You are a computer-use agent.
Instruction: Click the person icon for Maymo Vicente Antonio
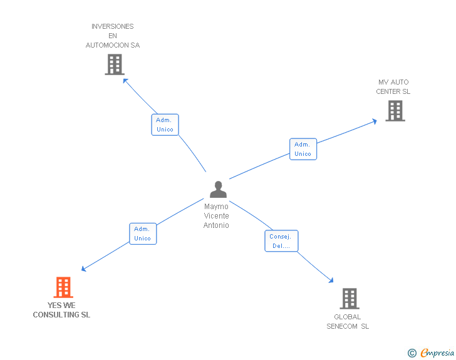pos(218,189)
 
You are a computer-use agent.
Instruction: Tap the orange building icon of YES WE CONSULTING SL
pos(63,287)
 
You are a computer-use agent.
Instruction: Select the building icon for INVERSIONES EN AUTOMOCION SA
pos(114,64)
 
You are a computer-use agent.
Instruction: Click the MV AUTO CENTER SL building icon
pos(395,111)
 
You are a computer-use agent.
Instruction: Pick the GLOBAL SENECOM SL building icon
pos(350,299)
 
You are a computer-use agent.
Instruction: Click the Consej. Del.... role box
pos(281,241)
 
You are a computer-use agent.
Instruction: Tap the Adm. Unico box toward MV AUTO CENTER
pos(303,149)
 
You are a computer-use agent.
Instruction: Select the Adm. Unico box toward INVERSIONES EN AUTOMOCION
pos(165,125)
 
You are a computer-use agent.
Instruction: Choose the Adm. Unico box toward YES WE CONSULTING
pos(142,234)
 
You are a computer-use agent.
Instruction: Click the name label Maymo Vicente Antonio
pos(217,215)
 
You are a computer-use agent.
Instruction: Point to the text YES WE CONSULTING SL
pos(61,311)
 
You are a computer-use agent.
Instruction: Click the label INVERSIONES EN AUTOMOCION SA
pos(113,36)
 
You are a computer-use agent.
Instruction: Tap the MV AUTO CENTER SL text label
pos(393,87)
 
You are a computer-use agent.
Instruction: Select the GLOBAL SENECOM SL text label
pos(348,321)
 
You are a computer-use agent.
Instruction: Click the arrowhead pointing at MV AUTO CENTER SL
pos(374,120)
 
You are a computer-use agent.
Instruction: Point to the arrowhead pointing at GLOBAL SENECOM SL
pos(331,281)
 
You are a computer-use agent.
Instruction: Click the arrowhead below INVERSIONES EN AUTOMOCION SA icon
pos(125,80)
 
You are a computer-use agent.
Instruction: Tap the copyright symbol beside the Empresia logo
pos(412,354)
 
